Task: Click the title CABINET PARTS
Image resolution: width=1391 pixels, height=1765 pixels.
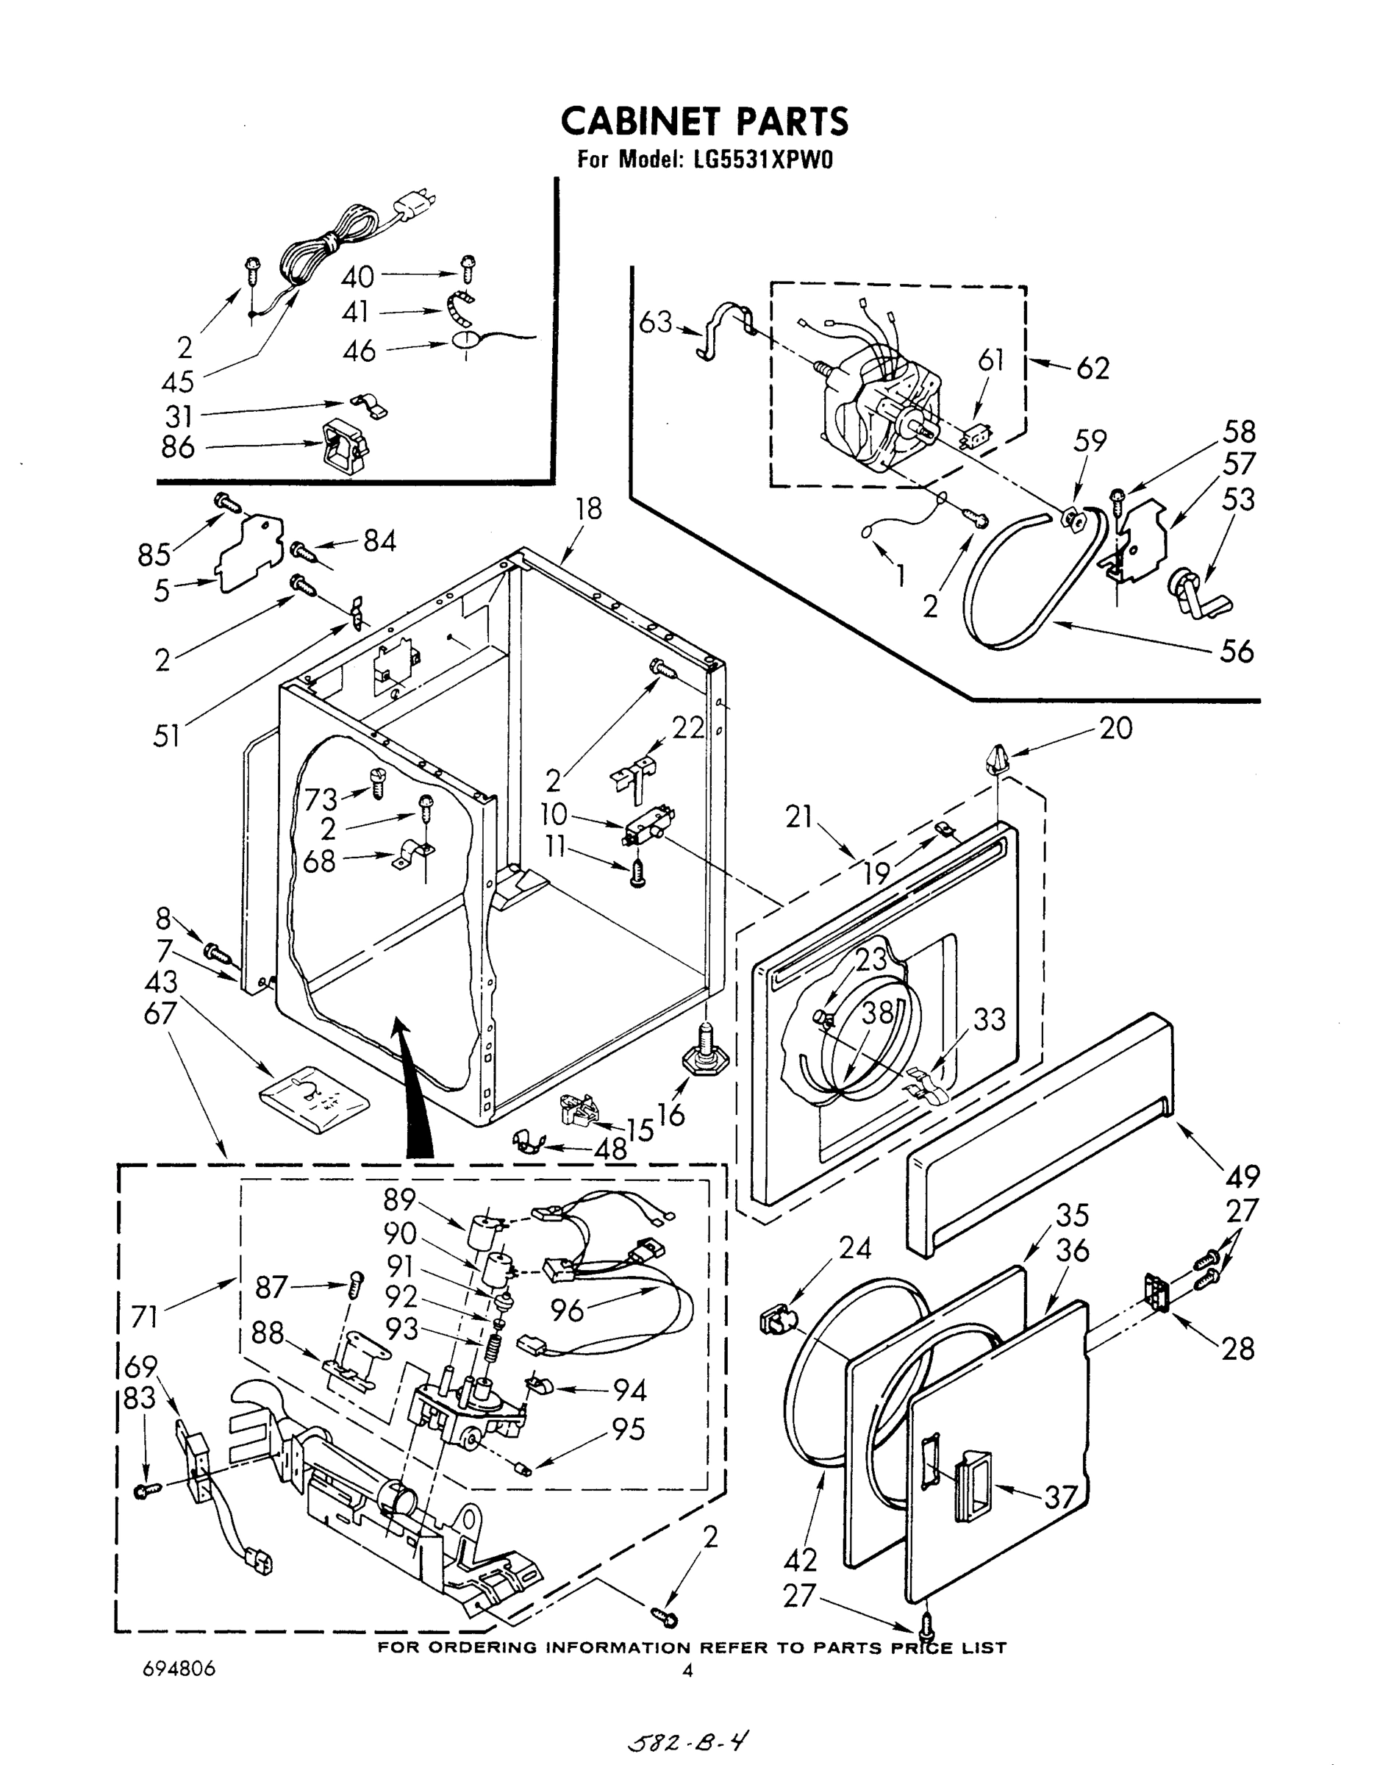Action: coord(704,121)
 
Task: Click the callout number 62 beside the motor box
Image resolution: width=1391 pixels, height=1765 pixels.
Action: coord(1092,369)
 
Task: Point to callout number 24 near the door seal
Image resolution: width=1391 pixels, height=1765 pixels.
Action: coord(854,1248)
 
